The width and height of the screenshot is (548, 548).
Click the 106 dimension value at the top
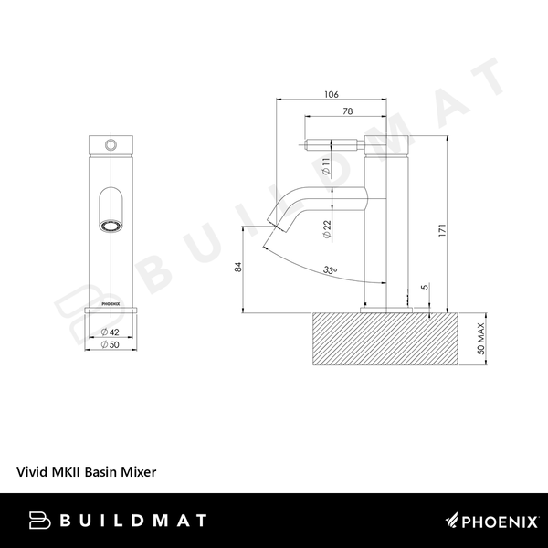pos(332,94)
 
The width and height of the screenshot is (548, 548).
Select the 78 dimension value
pos(348,111)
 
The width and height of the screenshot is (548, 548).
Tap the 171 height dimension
pos(443,231)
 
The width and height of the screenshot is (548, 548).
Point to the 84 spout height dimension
pos(238,267)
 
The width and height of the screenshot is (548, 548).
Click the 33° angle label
pos(330,270)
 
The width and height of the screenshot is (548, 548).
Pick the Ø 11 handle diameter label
pos(326,166)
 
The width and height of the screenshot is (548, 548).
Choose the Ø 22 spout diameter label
pos(327,229)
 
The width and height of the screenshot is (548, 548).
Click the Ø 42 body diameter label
pos(111,332)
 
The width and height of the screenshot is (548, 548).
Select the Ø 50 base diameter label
pos(111,344)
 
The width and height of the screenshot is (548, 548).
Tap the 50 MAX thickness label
pos(481,339)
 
